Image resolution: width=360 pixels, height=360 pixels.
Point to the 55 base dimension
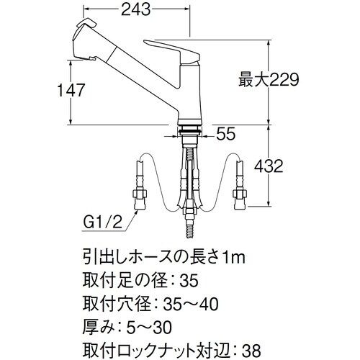click(x=225, y=133)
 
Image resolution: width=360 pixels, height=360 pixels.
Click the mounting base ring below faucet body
click(x=189, y=130)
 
